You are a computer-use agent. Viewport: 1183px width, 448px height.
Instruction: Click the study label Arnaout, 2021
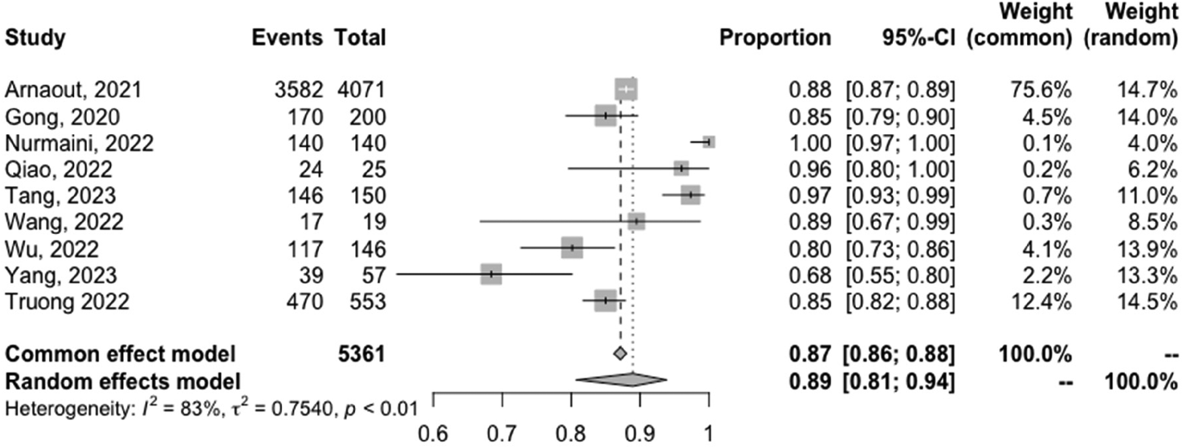coord(73,90)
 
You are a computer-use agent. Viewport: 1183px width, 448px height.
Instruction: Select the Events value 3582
coord(298,90)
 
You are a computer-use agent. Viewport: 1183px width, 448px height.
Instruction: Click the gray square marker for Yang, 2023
coord(491,275)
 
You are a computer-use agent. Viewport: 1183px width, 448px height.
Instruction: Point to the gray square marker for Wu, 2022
coord(572,248)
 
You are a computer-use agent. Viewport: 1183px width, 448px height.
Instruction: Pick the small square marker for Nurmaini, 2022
coord(708,142)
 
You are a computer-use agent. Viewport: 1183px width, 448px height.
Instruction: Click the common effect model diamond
coord(619,353)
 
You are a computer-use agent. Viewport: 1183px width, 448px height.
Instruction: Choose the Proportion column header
coord(775,38)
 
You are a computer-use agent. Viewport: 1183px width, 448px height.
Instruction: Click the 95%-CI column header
coord(918,38)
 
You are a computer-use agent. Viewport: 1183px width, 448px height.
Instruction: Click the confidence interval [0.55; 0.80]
coord(900,275)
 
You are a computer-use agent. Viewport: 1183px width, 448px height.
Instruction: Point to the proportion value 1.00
coord(810,143)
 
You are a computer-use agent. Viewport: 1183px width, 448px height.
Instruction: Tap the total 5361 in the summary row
coord(361,354)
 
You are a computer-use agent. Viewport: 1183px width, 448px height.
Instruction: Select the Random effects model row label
coord(123,381)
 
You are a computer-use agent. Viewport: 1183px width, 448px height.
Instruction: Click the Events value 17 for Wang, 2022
coord(311,222)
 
